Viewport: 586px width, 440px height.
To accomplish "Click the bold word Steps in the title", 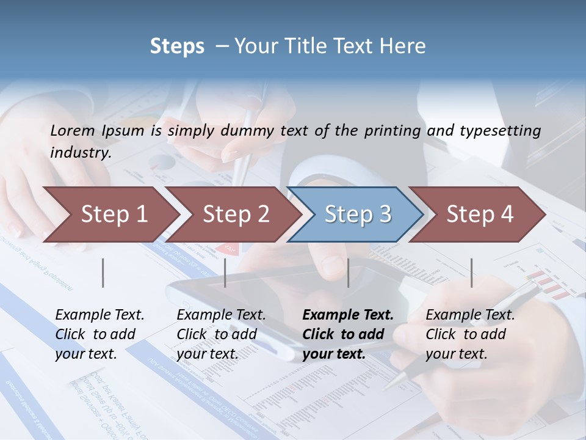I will (177, 46).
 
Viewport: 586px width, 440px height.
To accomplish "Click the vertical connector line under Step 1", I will (103, 273).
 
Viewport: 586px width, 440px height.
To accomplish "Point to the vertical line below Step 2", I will (225, 273).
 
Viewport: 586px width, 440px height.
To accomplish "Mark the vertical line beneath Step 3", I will (349, 273).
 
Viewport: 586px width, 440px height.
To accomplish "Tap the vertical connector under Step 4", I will (471, 273).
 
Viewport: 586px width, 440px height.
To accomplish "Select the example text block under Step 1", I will (99, 334).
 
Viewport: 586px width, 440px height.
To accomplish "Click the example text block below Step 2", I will (221, 334).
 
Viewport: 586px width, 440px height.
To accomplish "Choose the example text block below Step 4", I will (470, 334).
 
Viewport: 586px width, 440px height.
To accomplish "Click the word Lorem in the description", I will (73, 130).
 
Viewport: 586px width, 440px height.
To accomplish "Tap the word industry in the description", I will (80, 152).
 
